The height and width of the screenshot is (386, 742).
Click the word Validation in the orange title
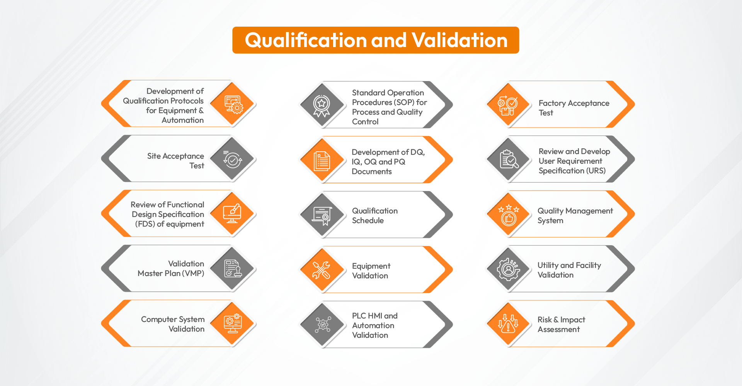point(459,40)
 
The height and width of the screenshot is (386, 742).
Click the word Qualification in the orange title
point(306,40)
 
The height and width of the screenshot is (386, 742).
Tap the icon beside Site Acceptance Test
point(232,159)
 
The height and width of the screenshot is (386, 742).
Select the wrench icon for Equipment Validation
point(321,269)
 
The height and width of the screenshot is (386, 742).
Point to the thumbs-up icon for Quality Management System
point(509,215)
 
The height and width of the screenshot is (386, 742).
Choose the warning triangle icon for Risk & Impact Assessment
point(508,324)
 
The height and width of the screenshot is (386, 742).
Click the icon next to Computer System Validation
point(233,323)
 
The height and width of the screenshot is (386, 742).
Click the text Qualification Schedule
point(374,215)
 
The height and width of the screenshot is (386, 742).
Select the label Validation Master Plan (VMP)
point(171,268)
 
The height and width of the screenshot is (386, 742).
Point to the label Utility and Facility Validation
point(569,270)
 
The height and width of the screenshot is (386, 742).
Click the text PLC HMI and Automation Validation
point(374,325)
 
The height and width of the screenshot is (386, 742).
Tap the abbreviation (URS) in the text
point(596,171)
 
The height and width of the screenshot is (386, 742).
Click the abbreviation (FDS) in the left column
point(145,224)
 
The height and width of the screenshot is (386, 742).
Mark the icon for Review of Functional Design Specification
point(232,213)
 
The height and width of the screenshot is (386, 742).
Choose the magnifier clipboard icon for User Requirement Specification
point(509,159)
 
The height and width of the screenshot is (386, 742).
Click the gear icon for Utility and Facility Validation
point(508,269)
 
